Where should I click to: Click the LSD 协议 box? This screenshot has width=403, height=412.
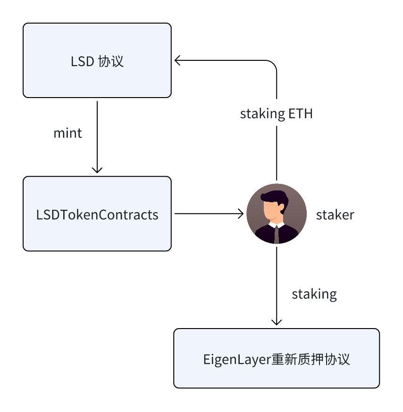coord(97,60)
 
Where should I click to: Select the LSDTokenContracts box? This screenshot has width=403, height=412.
coord(97,214)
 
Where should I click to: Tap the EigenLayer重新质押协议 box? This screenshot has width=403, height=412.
coord(277,358)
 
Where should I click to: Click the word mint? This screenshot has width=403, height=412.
coord(67,133)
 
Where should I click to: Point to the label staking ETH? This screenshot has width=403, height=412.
coord(276,114)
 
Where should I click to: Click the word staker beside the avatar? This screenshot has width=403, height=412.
coord(335,214)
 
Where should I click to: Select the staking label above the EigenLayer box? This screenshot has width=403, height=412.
coord(314,294)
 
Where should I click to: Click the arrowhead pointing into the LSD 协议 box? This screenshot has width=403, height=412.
coord(177,60)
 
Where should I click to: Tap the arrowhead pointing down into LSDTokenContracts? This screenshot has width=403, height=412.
coord(97,170)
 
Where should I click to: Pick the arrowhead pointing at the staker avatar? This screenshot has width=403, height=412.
coord(241,214)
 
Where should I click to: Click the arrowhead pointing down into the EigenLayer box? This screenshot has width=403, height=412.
coord(277,322)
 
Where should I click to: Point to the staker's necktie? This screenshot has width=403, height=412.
coord(277,235)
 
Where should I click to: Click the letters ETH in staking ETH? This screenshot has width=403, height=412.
coord(301,114)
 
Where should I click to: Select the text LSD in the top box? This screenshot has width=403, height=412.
coord(82,61)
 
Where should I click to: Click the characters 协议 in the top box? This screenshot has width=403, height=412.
coord(111,61)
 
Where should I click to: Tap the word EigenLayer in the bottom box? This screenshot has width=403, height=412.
coord(237,360)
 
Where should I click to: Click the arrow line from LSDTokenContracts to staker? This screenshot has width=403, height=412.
coord(209,214)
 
